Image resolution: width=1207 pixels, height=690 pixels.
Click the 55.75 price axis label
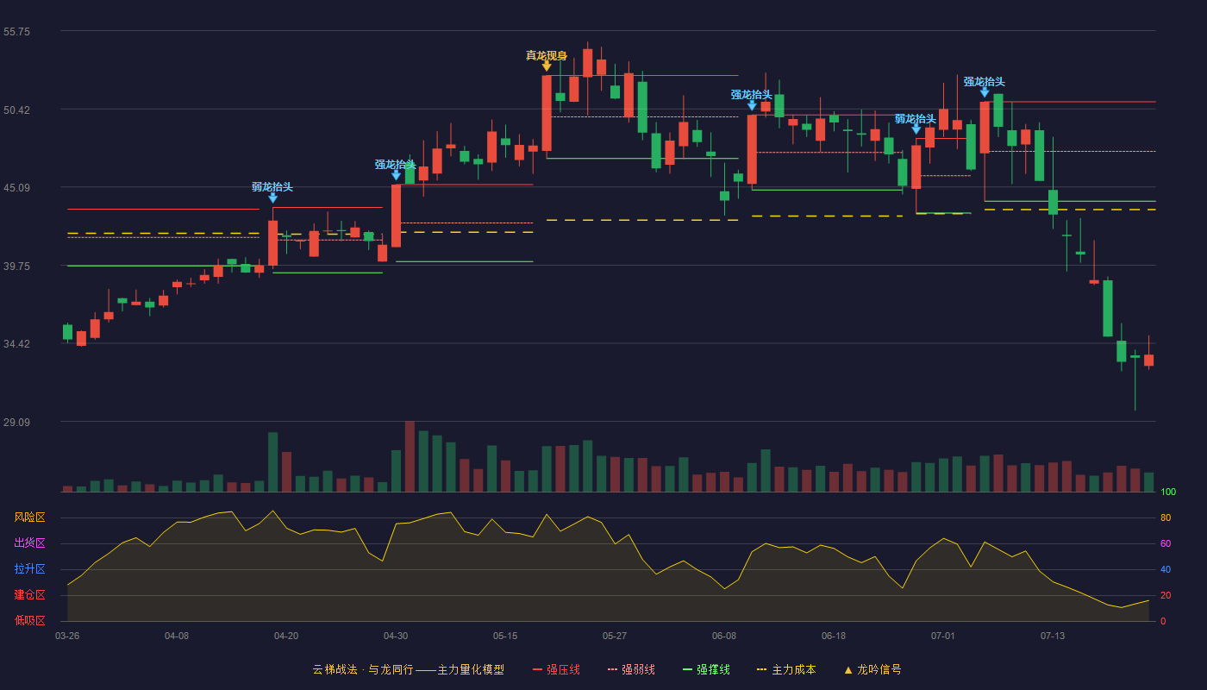(x=16, y=32)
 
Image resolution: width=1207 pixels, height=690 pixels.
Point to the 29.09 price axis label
(x=16, y=422)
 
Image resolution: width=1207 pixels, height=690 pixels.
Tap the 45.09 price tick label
(x=16, y=188)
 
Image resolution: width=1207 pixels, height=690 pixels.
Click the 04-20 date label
(x=286, y=637)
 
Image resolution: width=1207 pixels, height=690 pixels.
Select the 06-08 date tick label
(x=723, y=637)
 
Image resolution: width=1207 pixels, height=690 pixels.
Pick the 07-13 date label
(x=1053, y=637)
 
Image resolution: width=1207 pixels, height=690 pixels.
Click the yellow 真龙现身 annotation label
(x=547, y=55)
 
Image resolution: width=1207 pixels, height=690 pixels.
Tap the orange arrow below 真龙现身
(x=547, y=66)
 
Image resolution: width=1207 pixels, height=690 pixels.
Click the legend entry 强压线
(x=556, y=669)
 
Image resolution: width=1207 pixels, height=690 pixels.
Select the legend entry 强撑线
(x=706, y=669)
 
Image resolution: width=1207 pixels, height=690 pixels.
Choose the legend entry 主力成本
(x=786, y=669)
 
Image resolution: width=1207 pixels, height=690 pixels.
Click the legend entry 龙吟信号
(x=872, y=669)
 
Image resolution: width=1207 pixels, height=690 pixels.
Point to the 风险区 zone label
(x=29, y=517)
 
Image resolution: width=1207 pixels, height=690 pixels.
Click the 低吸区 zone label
(x=29, y=621)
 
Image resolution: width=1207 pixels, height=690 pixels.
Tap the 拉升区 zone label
(x=29, y=569)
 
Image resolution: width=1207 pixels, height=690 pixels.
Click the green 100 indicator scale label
(x=1168, y=492)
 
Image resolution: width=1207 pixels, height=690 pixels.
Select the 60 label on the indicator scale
(x=1166, y=543)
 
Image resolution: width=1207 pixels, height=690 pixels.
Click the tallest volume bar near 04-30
(x=410, y=456)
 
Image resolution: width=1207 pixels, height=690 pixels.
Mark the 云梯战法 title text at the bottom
(x=335, y=669)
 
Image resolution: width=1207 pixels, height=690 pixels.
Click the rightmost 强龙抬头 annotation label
(x=984, y=82)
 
